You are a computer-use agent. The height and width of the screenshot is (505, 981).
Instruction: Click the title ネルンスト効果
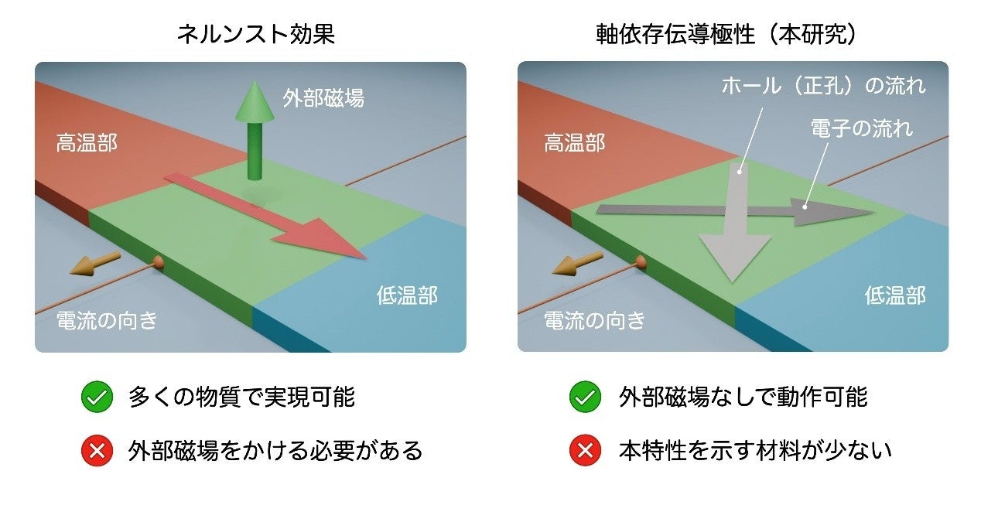click(256, 34)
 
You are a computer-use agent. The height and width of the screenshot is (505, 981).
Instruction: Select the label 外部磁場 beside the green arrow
click(323, 99)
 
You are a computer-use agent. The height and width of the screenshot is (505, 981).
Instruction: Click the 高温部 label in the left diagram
click(87, 143)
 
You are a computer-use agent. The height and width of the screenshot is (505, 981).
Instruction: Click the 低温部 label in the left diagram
click(407, 295)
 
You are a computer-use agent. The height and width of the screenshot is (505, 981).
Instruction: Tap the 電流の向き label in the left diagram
click(107, 320)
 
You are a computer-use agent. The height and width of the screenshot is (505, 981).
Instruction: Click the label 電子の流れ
click(861, 128)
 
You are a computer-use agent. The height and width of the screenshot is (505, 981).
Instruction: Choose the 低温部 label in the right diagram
click(895, 295)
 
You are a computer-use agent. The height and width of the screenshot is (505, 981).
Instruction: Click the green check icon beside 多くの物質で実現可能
click(97, 398)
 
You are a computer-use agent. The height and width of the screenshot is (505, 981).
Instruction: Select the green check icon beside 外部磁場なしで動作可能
click(585, 398)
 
